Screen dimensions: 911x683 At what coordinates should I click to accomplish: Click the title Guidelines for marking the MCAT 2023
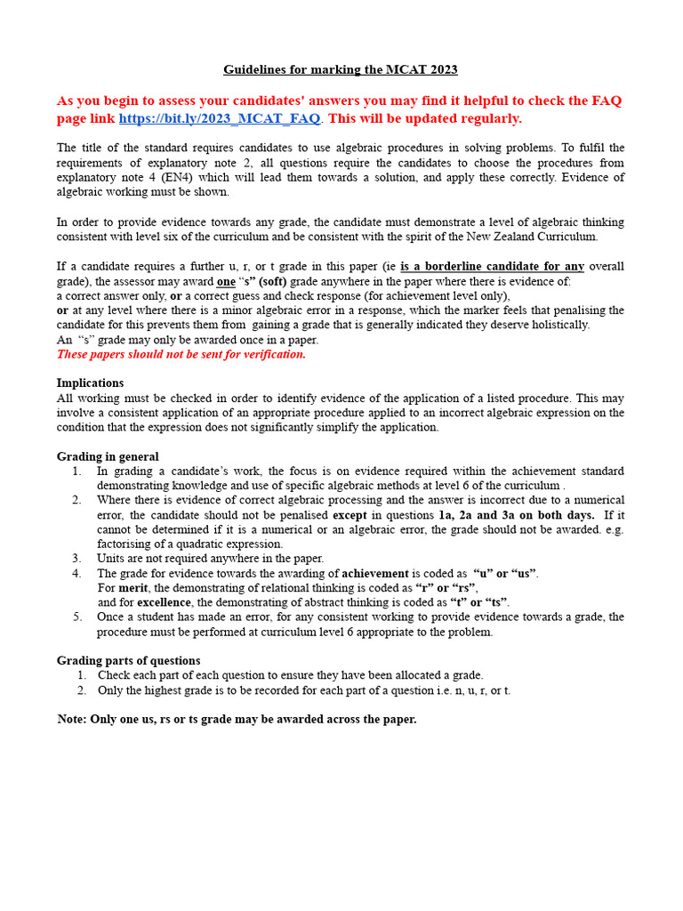point(341,69)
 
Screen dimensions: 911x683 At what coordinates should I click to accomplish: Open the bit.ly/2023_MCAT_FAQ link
point(219,118)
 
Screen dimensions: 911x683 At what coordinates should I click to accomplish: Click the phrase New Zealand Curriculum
point(536,236)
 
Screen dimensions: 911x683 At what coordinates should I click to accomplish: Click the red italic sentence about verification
point(181,354)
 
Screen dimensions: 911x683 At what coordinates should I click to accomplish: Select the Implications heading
point(90,383)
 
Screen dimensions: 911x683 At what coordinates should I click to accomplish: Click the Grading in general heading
point(108,456)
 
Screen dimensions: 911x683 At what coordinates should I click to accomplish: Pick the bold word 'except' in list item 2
point(350,514)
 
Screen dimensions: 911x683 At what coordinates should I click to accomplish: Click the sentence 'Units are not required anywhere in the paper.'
point(210,558)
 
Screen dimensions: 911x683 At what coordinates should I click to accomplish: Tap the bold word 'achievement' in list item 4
point(375,573)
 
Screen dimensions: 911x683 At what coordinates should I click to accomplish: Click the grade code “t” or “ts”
point(481,602)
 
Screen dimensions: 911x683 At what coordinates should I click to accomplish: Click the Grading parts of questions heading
point(128,660)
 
